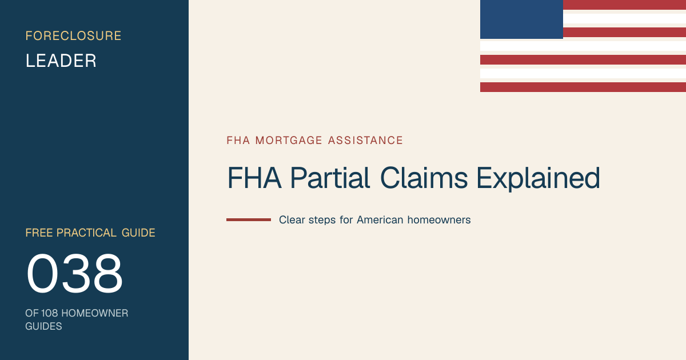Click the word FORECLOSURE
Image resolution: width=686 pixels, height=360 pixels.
click(x=74, y=36)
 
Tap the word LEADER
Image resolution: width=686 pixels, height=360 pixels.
click(x=61, y=61)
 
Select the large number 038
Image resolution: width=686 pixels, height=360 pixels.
click(x=74, y=273)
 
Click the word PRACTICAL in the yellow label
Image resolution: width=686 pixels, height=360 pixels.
click(x=86, y=233)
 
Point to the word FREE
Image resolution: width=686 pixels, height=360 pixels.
click(x=39, y=233)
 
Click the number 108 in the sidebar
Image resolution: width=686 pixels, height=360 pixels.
click(x=49, y=313)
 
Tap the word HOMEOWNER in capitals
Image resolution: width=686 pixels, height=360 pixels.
click(x=95, y=313)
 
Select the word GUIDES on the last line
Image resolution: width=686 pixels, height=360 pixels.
click(x=43, y=326)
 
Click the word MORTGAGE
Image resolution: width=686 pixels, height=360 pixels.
click(x=289, y=141)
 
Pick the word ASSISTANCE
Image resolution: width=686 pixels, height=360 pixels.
click(x=365, y=141)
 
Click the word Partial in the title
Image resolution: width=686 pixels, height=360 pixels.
click(x=330, y=178)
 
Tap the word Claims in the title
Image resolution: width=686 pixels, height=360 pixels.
click(x=424, y=178)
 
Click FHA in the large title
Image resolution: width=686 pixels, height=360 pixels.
click(x=254, y=178)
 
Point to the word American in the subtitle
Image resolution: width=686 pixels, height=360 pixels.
click(x=380, y=220)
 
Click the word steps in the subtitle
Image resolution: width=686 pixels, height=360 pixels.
click(x=322, y=221)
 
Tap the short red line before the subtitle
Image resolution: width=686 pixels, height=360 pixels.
click(x=249, y=220)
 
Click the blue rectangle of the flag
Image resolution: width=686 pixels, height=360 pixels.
click(x=521, y=19)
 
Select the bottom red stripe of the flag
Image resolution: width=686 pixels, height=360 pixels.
click(x=583, y=87)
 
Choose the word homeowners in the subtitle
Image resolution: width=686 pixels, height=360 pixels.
click(x=439, y=220)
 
